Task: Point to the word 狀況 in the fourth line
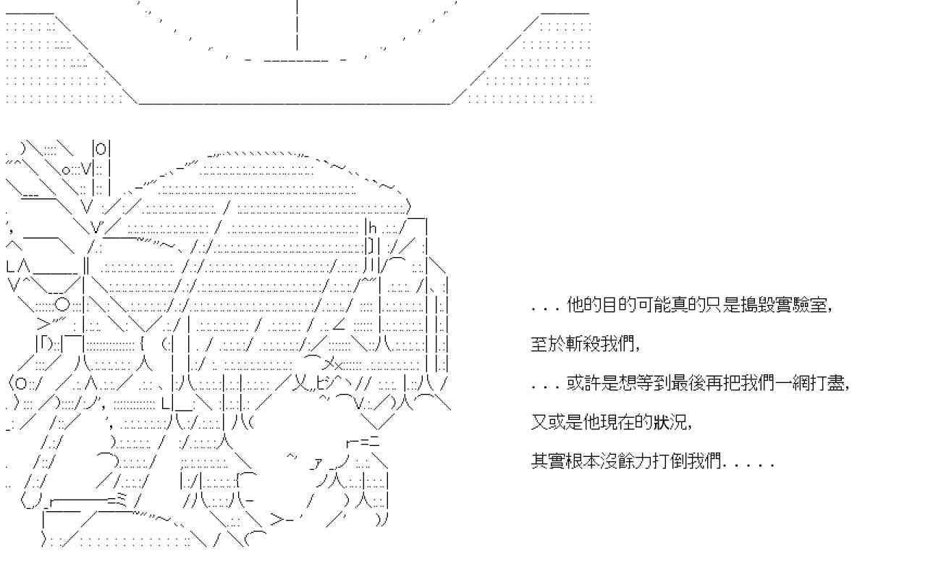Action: (670, 422)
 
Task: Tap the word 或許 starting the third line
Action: (583, 383)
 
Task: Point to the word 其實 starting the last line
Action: (548, 461)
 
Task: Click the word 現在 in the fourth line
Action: (618, 422)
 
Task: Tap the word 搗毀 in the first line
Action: (758, 305)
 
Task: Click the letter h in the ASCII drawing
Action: (372, 228)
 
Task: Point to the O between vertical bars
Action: (101, 148)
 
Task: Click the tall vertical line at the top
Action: (298, 25)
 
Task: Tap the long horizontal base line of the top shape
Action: (295, 104)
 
